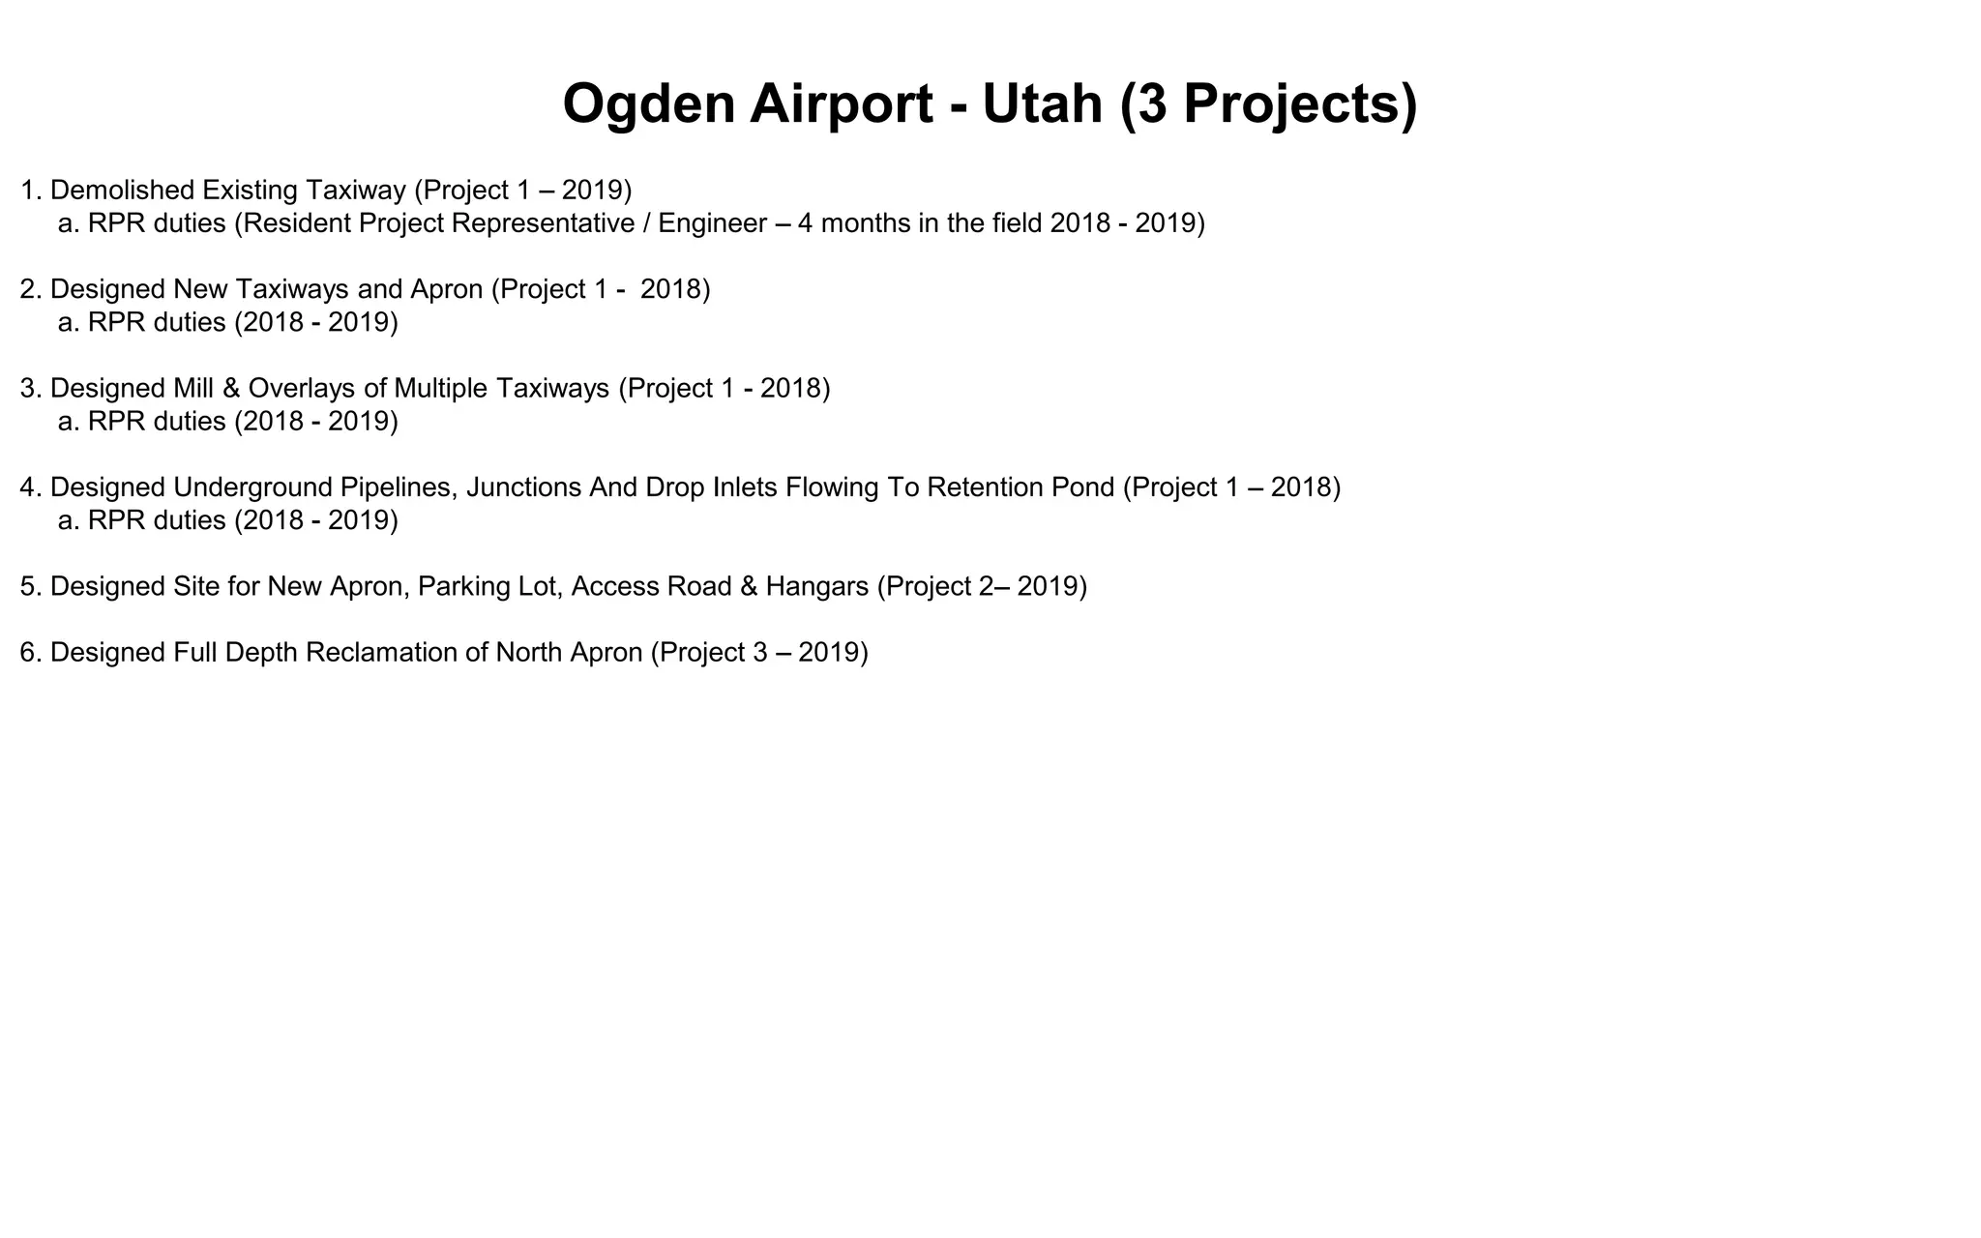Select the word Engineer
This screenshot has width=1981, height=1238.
pyautogui.click(x=712, y=223)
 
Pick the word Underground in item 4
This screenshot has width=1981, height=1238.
pyautogui.click(x=252, y=487)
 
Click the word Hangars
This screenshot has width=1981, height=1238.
pyautogui.click(x=817, y=586)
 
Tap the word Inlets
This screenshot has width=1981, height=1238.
pyautogui.click(x=745, y=487)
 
